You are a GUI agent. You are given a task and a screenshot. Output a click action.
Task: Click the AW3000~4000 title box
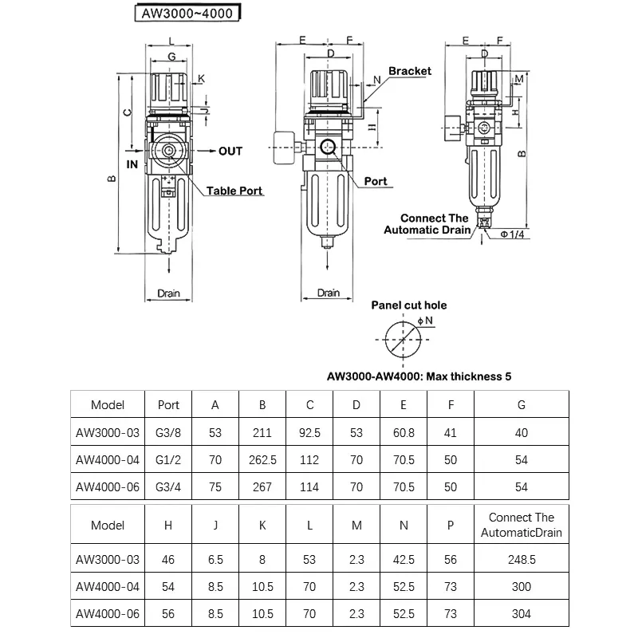pyautogui.click(x=187, y=13)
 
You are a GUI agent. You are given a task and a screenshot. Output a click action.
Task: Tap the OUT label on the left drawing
pyautogui.click(x=230, y=152)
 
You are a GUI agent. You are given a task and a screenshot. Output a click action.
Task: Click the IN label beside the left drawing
pyautogui.click(x=132, y=164)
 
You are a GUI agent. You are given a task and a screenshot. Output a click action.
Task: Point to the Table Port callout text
pyautogui.click(x=234, y=191)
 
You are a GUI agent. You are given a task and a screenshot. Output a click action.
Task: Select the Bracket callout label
pyautogui.click(x=410, y=71)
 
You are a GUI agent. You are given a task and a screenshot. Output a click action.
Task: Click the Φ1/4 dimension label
pyautogui.click(x=512, y=234)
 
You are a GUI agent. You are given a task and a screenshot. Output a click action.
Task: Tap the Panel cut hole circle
pyautogui.click(x=403, y=340)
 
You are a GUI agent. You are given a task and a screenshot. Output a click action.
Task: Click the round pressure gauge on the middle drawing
pyautogui.click(x=284, y=148)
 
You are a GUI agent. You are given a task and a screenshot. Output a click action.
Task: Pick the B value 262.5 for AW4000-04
pyautogui.click(x=262, y=460)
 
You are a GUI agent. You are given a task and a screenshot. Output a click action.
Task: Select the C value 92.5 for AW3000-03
pyautogui.click(x=309, y=432)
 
